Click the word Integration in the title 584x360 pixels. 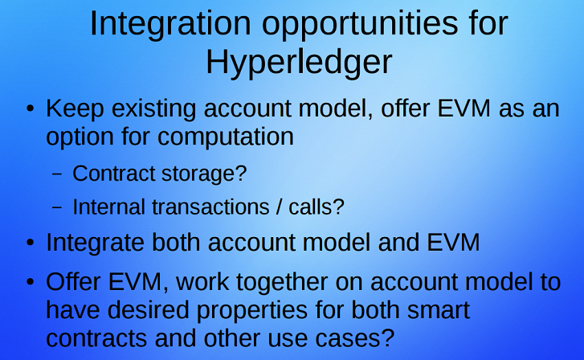170,23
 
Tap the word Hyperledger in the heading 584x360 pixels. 299,63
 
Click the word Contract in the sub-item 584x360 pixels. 113,174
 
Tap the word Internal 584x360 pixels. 108,207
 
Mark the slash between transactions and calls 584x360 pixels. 279,207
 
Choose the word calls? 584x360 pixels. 317,207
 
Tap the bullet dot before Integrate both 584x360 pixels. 31,243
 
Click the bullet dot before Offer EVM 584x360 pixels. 31,282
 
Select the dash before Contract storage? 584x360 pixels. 57,174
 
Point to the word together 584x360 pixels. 282,283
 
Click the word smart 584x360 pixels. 438,310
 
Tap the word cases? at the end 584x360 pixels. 354,339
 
